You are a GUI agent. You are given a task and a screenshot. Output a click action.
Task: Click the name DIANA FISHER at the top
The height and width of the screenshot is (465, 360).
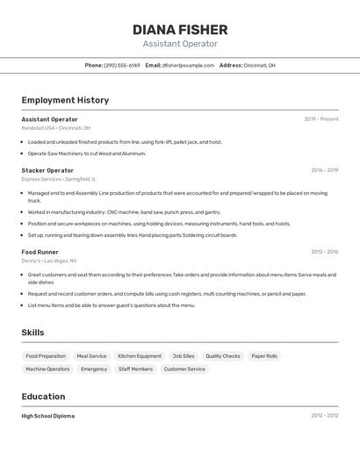click(180, 30)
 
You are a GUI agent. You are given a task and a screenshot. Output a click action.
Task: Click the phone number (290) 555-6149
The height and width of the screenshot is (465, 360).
click(122, 65)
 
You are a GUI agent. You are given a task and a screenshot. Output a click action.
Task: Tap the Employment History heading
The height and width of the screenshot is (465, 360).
click(65, 100)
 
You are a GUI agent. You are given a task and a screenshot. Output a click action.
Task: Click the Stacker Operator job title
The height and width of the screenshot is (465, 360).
click(47, 170)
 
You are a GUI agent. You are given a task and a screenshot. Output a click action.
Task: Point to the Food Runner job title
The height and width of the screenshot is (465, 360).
click(40, 252)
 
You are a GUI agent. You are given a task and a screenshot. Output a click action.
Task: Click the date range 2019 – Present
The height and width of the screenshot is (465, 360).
click(321, 119)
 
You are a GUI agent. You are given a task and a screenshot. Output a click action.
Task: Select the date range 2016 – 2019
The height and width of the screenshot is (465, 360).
click(324, 170)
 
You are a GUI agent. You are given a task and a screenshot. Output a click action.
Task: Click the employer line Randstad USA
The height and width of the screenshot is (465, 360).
click(55, 128)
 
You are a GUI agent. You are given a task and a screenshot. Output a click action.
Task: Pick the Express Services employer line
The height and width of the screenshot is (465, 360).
click(59, 179)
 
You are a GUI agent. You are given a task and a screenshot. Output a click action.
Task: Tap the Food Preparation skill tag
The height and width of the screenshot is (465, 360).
click(46, 356)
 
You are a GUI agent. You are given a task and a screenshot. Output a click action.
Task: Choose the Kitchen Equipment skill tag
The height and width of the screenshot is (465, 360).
click(140, 356)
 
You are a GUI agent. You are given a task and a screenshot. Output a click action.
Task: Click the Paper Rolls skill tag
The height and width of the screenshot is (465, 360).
click(264, 356)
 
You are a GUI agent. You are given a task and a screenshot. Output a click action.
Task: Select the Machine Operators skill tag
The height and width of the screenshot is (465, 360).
click(47, 369)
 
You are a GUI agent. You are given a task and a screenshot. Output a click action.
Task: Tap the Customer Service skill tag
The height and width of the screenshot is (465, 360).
click(184, 369)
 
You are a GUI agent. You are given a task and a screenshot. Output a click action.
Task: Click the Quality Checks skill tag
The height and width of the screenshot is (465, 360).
click(223, 356)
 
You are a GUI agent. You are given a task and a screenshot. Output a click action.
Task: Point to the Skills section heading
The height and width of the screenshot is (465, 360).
click(32, 333)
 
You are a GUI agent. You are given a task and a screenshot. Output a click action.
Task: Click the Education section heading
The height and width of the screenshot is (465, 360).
click(43, 397)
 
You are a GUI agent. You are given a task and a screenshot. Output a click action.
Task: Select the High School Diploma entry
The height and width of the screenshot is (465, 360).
click(48, 416)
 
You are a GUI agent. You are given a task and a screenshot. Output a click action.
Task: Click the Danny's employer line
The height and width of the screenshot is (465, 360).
click(48, 261)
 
